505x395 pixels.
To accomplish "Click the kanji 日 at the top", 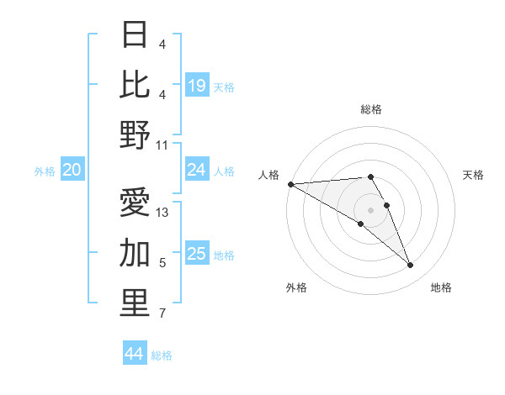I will click(x=136, y=34).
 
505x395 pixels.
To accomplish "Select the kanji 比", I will click(x=136, y=85).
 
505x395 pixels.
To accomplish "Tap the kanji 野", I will click(x=136, y=135).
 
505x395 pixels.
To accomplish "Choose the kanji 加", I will click(x=136, y=253).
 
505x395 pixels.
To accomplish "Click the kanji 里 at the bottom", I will click(x=136, y=303).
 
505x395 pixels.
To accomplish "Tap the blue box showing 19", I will click(x=197, y=86).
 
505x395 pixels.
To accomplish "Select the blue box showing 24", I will click(x=197, y=170).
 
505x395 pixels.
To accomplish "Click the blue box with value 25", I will click(x=197, y=254).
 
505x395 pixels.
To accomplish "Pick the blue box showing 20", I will click(x=72, y=170).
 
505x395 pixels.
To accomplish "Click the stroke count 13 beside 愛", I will click(x=162, y=213).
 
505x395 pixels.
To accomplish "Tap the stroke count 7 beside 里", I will click(x=162, y=314).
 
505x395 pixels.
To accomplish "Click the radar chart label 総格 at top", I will click(x=370, y=109).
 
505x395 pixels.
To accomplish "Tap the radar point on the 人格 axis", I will click(x=290, y=183).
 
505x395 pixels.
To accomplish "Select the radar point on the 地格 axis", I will click(x=411, y=266).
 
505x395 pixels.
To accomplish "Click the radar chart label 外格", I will click(x=295, y=287).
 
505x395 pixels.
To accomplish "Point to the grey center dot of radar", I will click(x=370, y=210).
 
